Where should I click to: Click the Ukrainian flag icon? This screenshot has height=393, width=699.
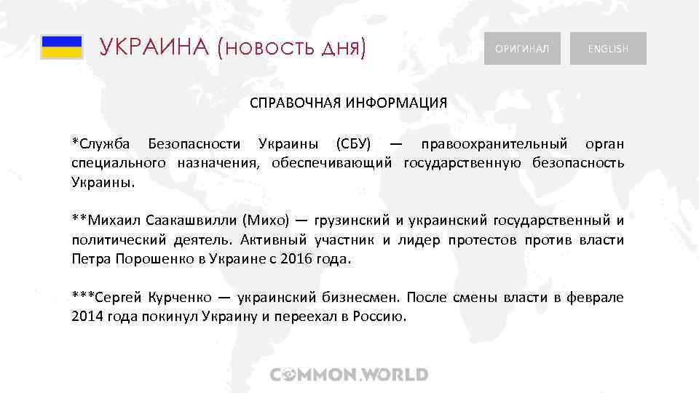[61, 47]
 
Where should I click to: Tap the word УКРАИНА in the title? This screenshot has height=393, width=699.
[154, 48]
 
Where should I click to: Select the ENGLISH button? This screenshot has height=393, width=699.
[608, 49]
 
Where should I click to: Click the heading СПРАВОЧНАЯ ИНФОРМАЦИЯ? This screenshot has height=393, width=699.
[349, 102]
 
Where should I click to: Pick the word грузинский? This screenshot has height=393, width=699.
[349, 219]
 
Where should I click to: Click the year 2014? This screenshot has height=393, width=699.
[87, 317]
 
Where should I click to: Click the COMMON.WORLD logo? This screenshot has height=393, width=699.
[349, 375]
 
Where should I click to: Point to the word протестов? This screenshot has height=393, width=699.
[483, 239]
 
